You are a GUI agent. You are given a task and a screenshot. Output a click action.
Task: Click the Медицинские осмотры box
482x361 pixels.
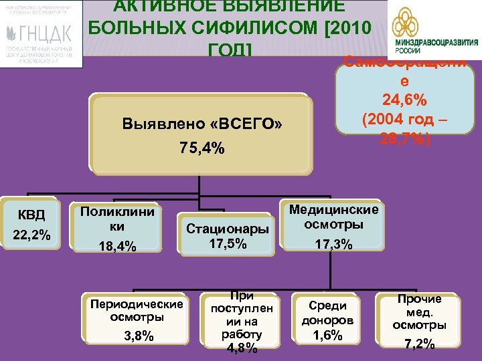333,227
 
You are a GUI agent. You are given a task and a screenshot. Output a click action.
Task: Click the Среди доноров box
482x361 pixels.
327,320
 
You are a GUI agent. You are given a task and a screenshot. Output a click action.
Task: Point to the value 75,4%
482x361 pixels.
202,148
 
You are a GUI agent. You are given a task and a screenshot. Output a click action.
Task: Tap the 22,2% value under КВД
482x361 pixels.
31,234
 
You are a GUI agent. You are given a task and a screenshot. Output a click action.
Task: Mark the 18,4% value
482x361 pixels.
117,247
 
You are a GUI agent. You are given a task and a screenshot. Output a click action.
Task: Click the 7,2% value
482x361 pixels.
420,344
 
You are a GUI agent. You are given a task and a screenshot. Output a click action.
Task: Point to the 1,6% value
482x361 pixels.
327,335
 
